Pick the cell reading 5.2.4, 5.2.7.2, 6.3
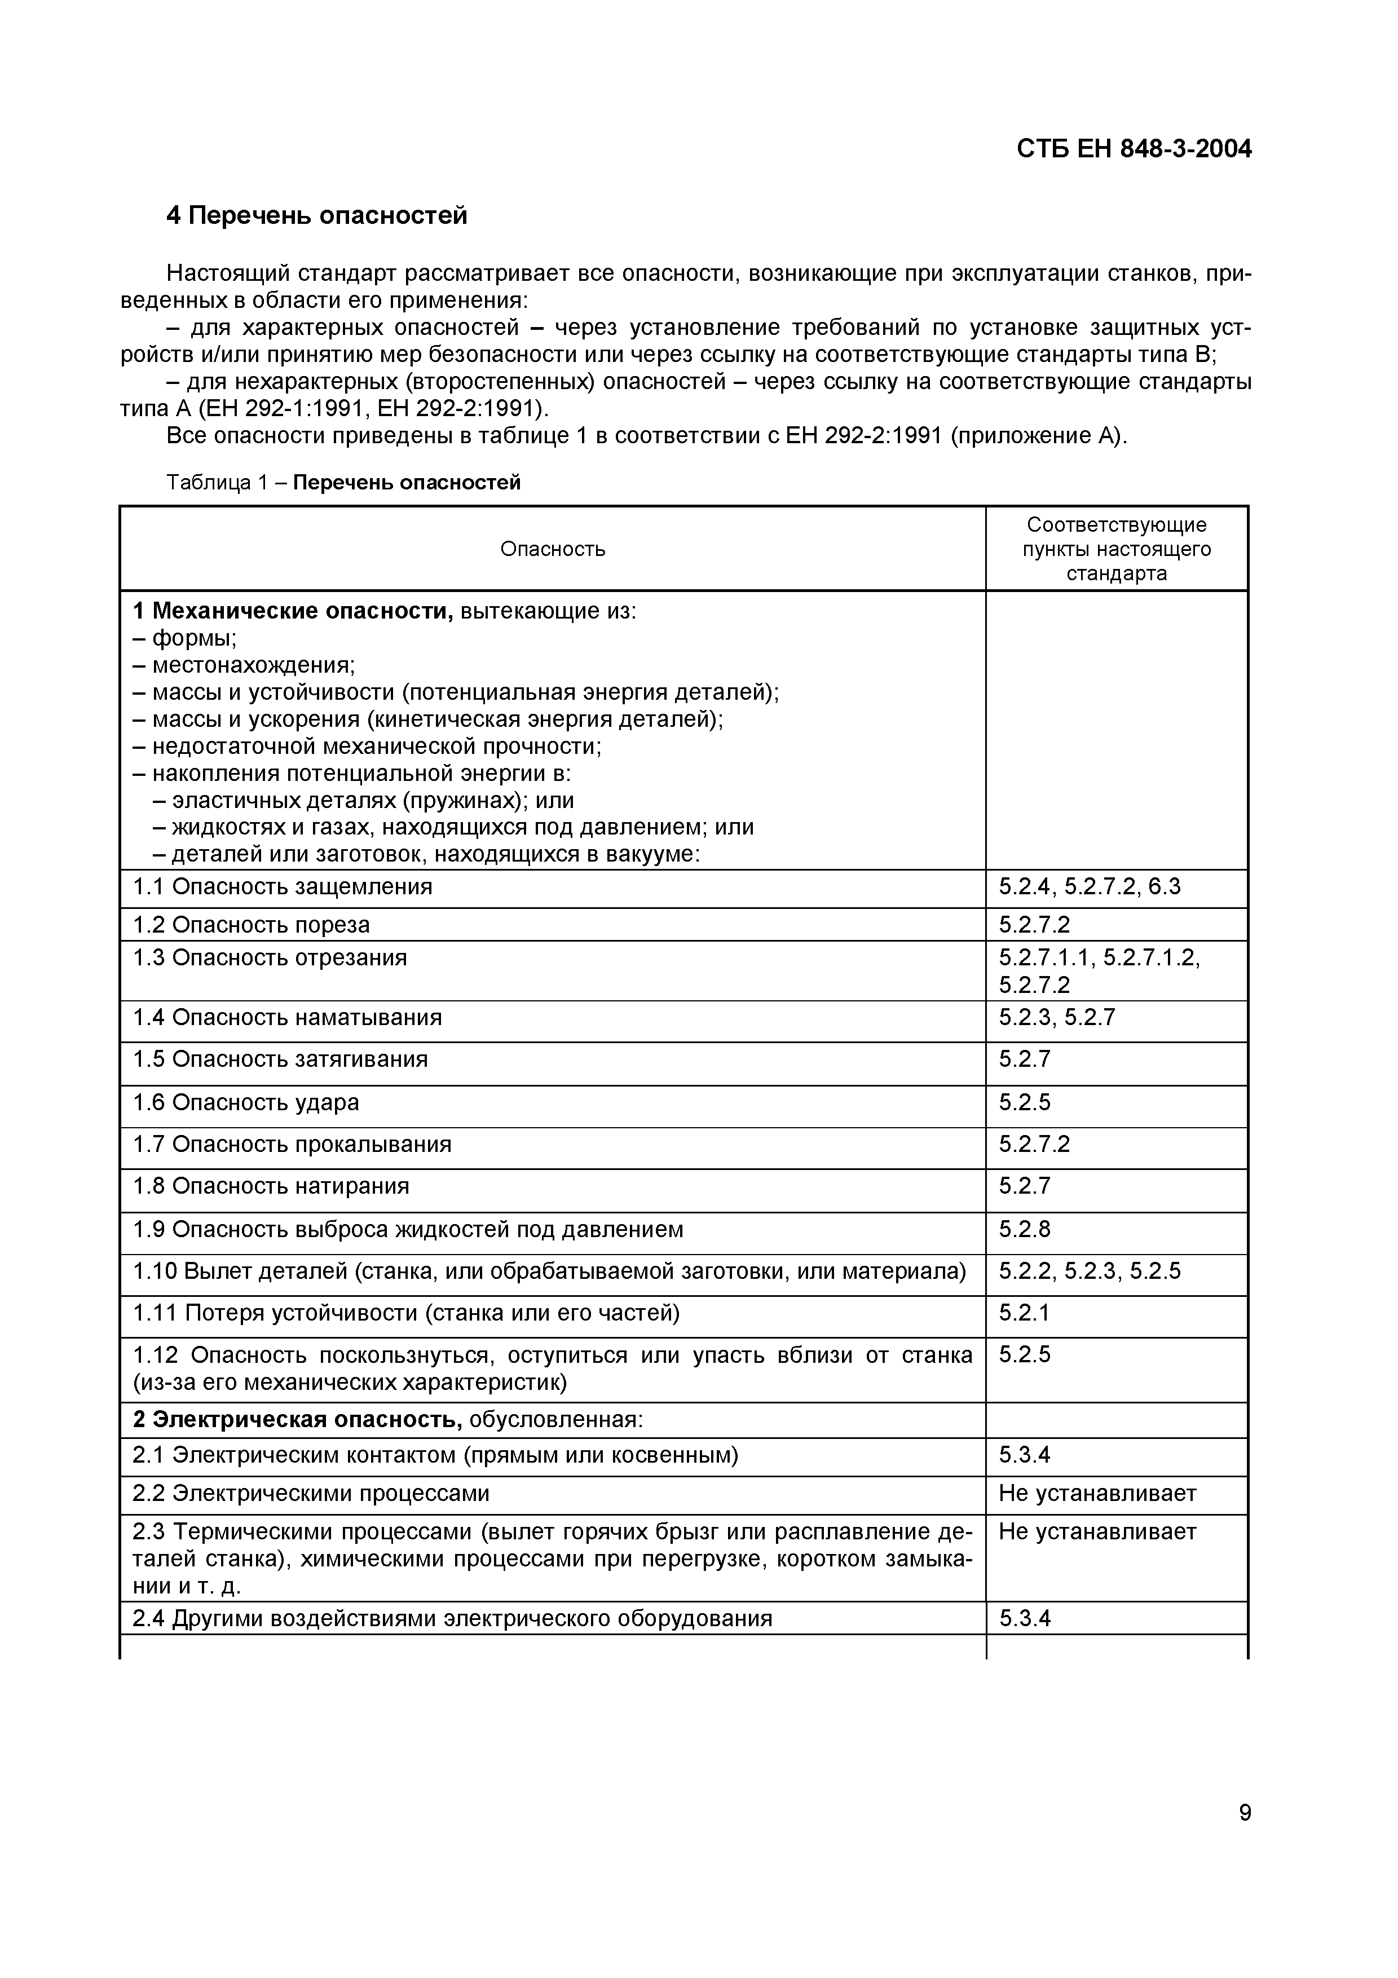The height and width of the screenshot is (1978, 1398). [x=1089, y=886]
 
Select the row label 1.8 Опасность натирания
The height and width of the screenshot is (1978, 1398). [x=271, y=1186]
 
